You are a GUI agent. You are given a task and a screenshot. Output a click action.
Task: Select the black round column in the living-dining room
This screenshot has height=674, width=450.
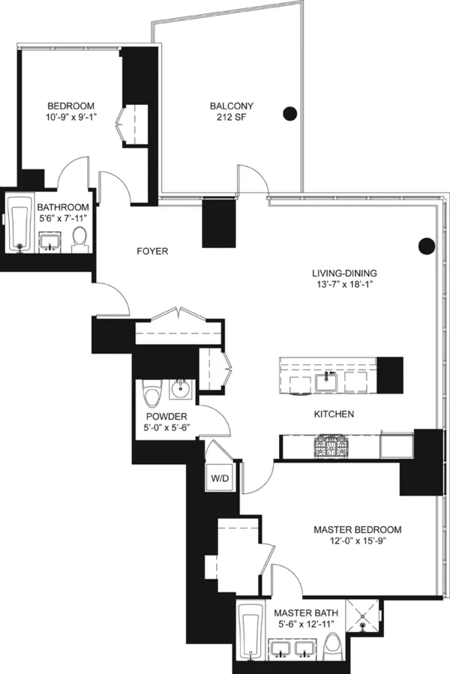point(426,245)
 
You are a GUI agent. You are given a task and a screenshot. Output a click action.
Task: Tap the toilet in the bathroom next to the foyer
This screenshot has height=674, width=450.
point(79,239)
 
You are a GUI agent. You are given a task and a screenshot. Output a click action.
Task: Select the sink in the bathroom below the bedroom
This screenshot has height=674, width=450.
point(49,241)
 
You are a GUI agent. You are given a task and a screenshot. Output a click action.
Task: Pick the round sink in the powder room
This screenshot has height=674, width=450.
point(180,389)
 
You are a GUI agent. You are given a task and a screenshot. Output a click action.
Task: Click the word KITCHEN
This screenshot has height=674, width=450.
point(334,414)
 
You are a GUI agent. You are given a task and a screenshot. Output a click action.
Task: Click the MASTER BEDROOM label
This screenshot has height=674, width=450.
point(357,529)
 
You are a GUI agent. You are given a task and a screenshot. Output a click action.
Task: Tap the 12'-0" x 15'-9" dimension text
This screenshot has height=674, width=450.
point(357,541)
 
